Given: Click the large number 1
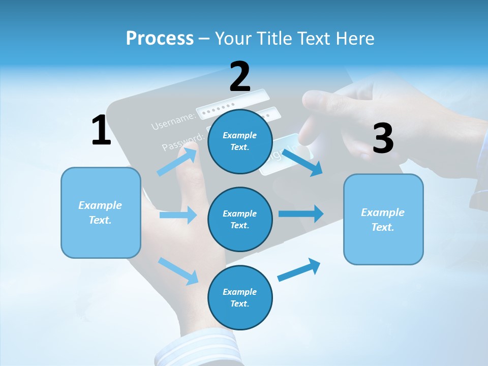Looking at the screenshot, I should pos(101,130).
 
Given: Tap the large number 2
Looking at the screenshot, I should pos(240,77).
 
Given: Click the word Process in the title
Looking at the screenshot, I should pos(160,38).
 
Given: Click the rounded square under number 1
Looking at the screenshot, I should pos(101,212).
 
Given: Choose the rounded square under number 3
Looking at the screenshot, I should pos(383,219).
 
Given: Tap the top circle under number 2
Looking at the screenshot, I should pos(240,141).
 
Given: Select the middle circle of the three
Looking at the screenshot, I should pos(240,219).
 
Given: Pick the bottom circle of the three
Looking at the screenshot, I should pos(240,297).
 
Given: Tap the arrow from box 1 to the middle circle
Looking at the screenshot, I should pos(178,215).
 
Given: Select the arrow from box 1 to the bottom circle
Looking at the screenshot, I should pos(178,270).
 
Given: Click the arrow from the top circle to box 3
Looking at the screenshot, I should pos(302,162).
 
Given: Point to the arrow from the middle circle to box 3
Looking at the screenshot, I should pos(300,213).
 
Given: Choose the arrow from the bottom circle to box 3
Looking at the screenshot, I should pos(299,270).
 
